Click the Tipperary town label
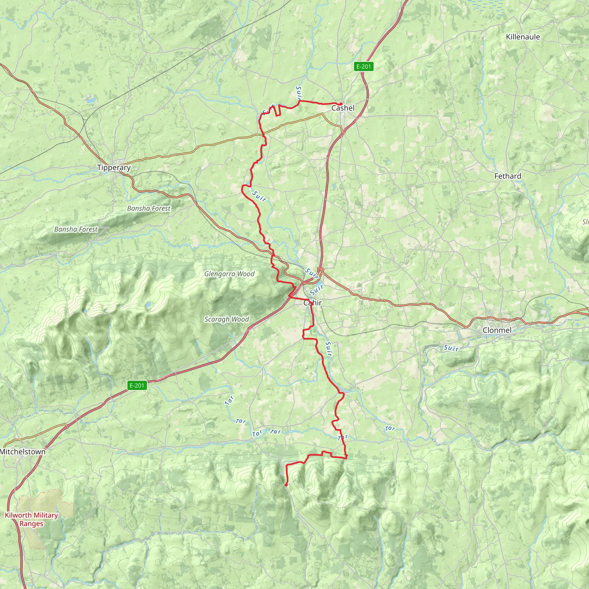point(114,167)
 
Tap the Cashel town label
point(343,108)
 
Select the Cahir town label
point(313,303)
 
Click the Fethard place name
point(508,176)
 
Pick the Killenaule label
point(523,37)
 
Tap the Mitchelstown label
point(23,452)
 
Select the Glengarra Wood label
point(229,274)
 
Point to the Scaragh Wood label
point(227,319)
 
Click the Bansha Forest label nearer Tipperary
point(149,208)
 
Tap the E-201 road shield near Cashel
point(364,66)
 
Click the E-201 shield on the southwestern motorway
point(137,385)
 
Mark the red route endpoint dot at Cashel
point(341,104)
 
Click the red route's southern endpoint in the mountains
point(286,485)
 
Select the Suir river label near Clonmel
point(451,348)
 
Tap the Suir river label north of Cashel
point(299,93)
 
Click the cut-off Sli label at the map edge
point(585,222)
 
